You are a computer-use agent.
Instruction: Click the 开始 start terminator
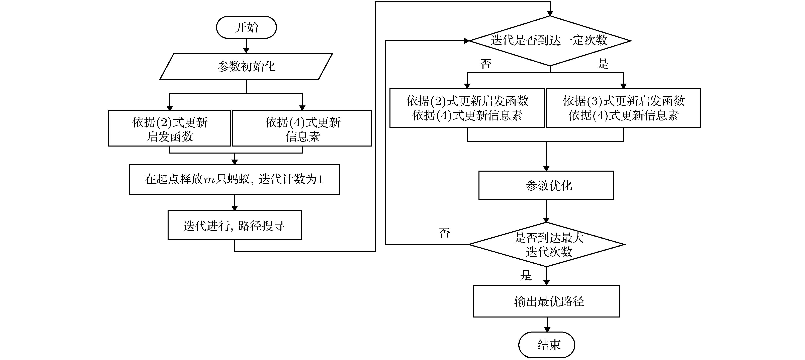point(246,27)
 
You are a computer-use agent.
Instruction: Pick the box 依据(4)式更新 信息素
point(302,128)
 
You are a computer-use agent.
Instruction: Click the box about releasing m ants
point(234,179)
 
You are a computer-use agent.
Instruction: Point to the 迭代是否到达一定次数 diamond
point(550,41)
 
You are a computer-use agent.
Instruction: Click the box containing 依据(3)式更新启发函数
point(623,108)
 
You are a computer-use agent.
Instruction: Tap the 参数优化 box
point(546,185)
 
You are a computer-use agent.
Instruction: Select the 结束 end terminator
point(547,345)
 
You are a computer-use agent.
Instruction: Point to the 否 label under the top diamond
point(486,64)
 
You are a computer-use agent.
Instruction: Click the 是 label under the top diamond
point(603,64)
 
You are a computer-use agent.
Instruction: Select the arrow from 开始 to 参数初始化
point(246,46)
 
